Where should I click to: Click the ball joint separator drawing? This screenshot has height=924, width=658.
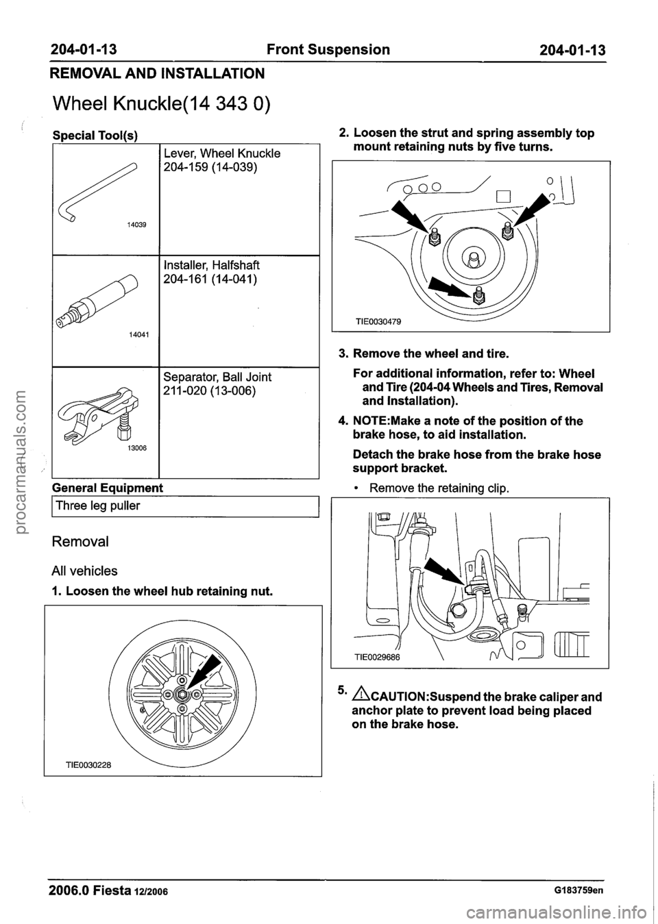[x=100, y=417]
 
